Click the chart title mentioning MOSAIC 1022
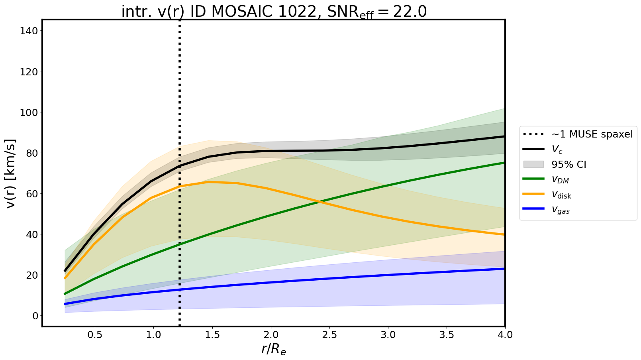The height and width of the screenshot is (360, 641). (274, 12)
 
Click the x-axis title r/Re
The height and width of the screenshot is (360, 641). (274, 349)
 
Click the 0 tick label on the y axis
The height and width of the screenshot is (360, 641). (35, 316)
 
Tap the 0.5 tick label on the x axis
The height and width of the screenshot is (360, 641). (95, 335)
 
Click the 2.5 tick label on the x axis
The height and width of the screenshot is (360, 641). (329, 335)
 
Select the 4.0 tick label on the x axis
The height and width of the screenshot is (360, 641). (505, 335)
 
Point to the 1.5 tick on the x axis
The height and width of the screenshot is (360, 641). (212, 335)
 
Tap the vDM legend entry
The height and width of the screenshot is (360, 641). (560, 179)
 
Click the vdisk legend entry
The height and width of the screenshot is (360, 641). (561, 195)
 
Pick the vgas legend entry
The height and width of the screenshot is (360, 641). (561, 210)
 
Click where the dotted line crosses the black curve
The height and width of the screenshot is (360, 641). (180, 166)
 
